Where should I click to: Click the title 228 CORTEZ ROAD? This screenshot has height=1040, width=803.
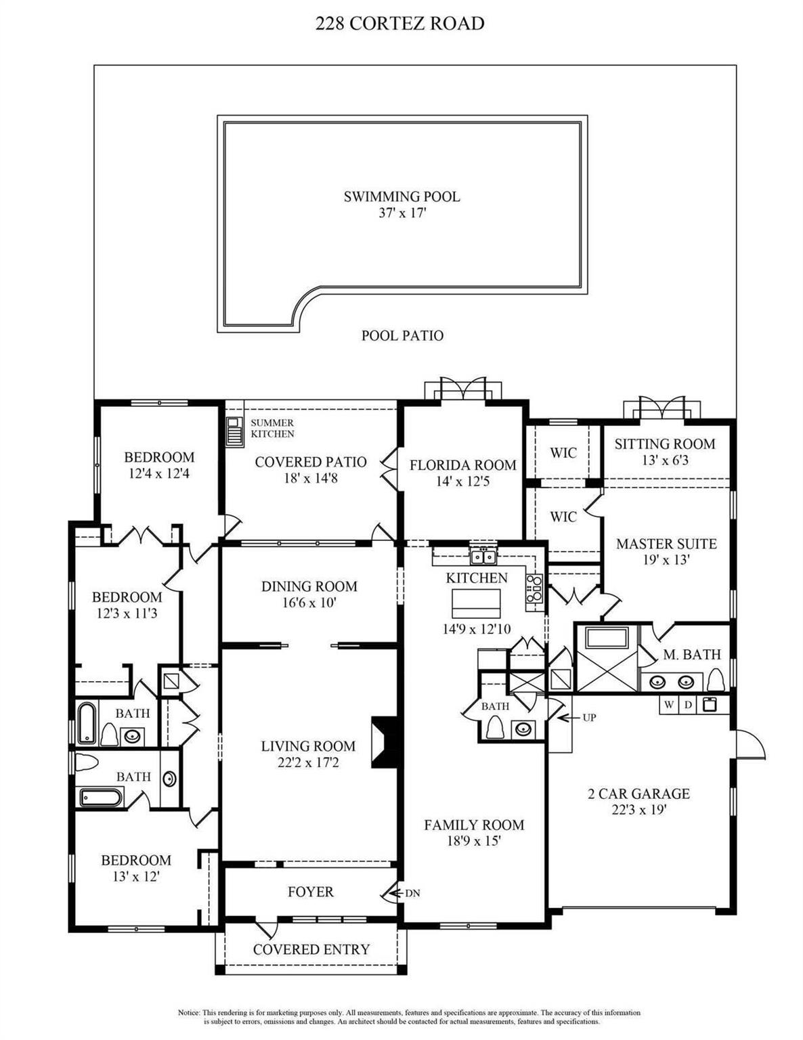400,24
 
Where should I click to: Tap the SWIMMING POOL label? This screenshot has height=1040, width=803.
401,197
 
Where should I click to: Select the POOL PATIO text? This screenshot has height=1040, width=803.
402,336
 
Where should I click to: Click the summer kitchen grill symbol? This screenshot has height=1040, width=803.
234,432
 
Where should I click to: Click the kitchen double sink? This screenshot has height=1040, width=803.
483,557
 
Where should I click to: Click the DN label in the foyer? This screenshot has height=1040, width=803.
412,893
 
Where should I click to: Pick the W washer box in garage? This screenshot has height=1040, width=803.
669,705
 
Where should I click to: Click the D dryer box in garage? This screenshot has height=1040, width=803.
688,705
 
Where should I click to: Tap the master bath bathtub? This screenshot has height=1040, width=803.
607,638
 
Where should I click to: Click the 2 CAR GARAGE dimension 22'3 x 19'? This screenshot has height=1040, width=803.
638,810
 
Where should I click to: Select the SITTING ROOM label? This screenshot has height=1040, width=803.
664,444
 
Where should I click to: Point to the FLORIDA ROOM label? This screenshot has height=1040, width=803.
462,465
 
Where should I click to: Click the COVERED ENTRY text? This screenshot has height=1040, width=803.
311,950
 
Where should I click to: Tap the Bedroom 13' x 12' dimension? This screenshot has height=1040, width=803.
135,876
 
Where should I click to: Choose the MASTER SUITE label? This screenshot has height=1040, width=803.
666,544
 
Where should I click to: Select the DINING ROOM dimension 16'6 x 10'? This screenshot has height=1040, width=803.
309,603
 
